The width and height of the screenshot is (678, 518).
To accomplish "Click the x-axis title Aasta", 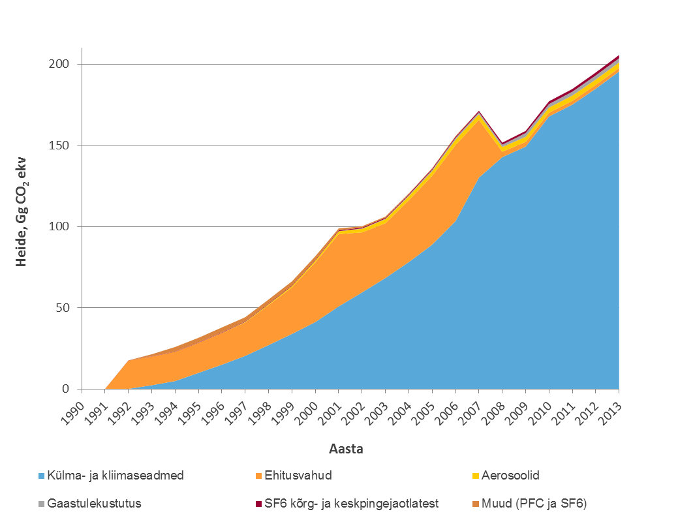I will [x=347, y=449].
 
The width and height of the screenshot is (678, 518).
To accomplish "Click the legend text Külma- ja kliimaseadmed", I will [x=111, y=475].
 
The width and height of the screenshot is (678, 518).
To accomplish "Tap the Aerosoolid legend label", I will [x=510, y=475].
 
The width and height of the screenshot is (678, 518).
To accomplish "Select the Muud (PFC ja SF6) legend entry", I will [x=532, y=503].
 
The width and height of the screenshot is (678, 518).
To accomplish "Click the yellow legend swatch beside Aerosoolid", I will [x=475, y=475].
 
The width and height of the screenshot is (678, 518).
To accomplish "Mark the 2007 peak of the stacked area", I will [x=479, y=112].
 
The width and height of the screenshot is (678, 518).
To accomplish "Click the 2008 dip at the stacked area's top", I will [x=502, y=143].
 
